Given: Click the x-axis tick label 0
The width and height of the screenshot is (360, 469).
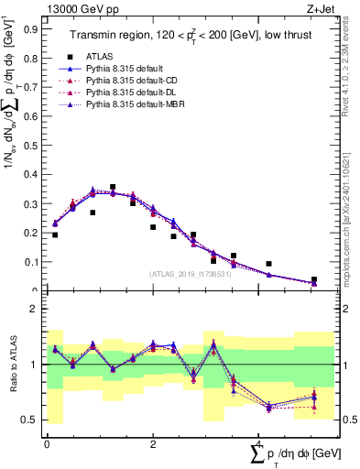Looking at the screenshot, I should click(x=47, y=444).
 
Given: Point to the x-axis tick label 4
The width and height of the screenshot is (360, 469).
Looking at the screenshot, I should click(x=258, y=444).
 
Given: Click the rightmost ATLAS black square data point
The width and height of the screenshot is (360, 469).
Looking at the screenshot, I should click(x=313, y=279).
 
